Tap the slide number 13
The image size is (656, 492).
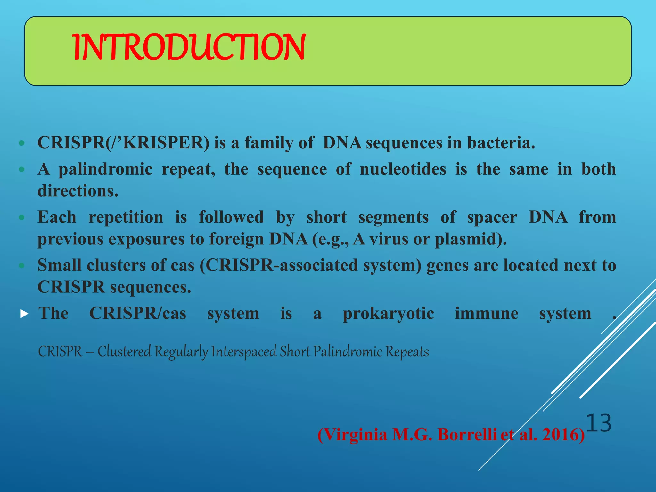coord(599,423)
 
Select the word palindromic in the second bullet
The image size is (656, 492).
coord(105,169)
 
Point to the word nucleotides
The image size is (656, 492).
coord(403,169)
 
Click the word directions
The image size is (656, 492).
coord(78,191)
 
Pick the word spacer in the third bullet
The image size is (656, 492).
coord(492,217)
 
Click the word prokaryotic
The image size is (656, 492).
coord(388,313)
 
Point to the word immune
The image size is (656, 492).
coord(486,313)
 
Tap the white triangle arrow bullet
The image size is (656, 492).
coord(24,314)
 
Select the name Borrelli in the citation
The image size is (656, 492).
coord(467,435)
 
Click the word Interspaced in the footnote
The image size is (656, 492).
coord(243,352)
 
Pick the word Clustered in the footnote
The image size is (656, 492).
coord(124,352)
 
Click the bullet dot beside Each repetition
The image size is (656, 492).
coord(21,217)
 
